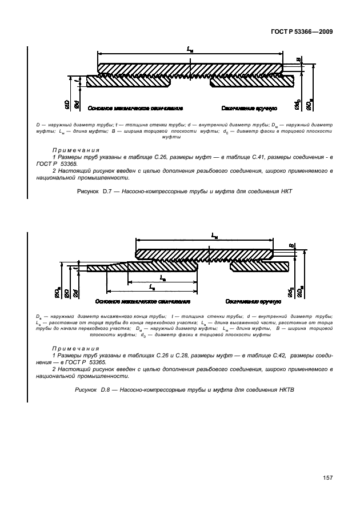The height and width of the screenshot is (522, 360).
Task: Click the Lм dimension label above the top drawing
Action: click(190, 50)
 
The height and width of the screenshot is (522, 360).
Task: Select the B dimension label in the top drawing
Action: click(298, 59)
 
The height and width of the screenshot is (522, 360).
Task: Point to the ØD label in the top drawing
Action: click(67, 103)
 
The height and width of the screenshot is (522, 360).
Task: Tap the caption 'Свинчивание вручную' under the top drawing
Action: click(250, 108)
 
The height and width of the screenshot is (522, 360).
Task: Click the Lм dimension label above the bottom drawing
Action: click(213, 235)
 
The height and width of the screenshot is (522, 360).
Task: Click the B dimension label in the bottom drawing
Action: click(291, 247)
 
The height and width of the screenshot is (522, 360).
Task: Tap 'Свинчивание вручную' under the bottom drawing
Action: click(252, 301)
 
